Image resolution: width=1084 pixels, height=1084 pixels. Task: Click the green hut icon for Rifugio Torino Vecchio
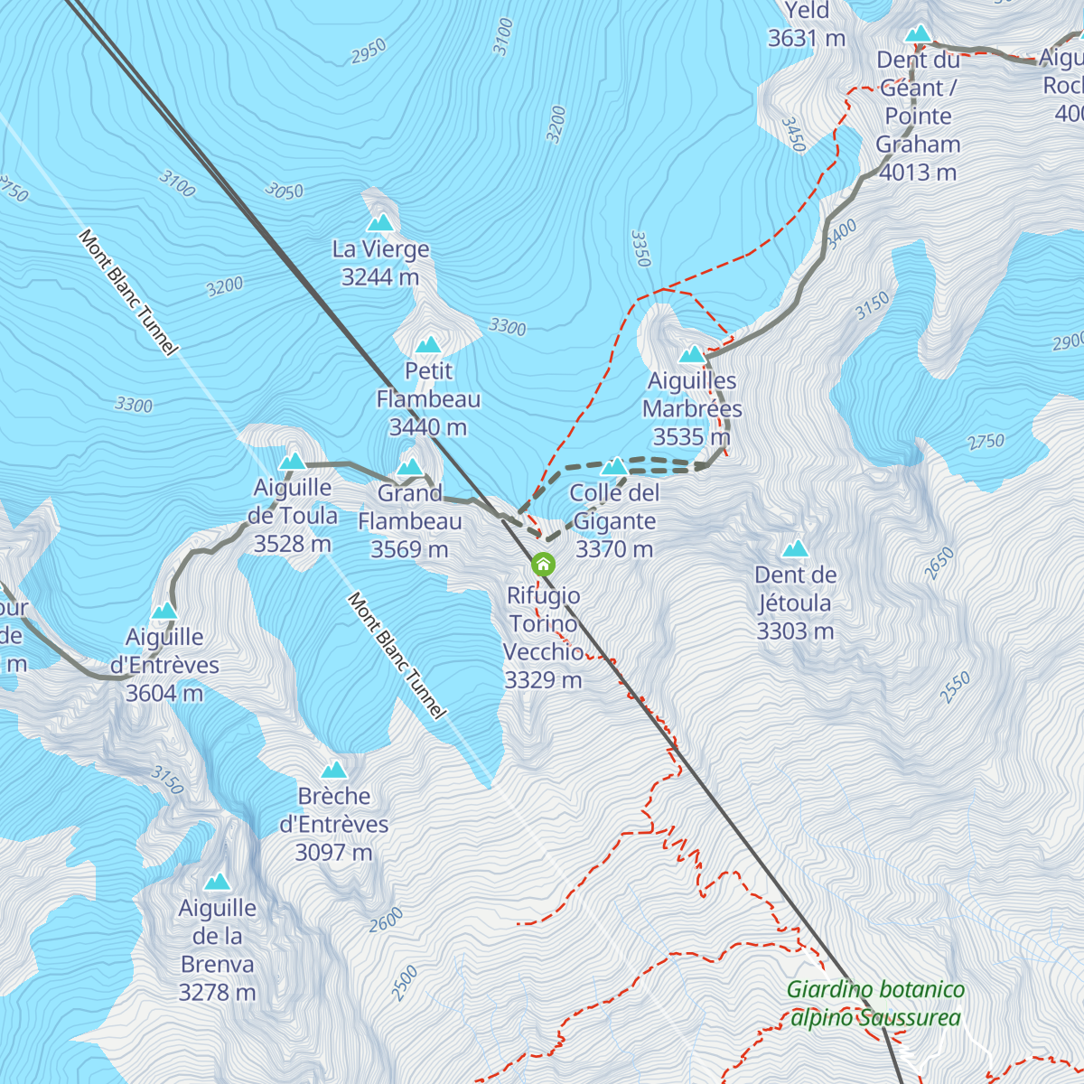click(543, 565)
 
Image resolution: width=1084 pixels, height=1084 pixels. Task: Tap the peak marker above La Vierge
click(380, 222)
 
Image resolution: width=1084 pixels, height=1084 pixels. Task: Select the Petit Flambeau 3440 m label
click(428, 398)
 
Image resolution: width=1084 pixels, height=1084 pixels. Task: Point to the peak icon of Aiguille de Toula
click(292, 462)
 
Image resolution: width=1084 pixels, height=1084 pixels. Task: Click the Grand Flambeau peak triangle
click(410, 467)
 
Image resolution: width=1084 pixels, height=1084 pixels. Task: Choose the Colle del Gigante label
click(614, 520)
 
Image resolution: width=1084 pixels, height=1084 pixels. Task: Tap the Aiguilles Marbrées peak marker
click(692, 354)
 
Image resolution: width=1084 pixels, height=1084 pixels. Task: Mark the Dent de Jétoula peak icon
click(795, 549)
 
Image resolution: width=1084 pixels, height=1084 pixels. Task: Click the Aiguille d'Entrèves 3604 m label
click(164, 665)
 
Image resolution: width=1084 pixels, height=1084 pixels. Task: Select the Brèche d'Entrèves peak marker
click(334, 771)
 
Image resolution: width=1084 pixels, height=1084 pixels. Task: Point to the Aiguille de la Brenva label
click(218, 949)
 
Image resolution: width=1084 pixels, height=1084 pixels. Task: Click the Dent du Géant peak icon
click(919, 34)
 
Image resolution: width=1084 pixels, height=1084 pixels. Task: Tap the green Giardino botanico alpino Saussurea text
click(875, 1004)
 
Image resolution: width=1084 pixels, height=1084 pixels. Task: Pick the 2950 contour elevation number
click(369, 51)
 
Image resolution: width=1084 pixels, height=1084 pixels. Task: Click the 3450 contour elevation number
click(792, 135)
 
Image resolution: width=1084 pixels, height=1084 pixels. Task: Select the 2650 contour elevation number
click(939, 564)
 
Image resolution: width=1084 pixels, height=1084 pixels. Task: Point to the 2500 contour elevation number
click(405, 983)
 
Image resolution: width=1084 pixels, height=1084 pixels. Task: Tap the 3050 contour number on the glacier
click(284, 191)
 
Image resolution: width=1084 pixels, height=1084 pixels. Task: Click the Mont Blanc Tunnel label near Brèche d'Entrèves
click(397, 656)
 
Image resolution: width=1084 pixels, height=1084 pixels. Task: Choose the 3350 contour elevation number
click(640, 248)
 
